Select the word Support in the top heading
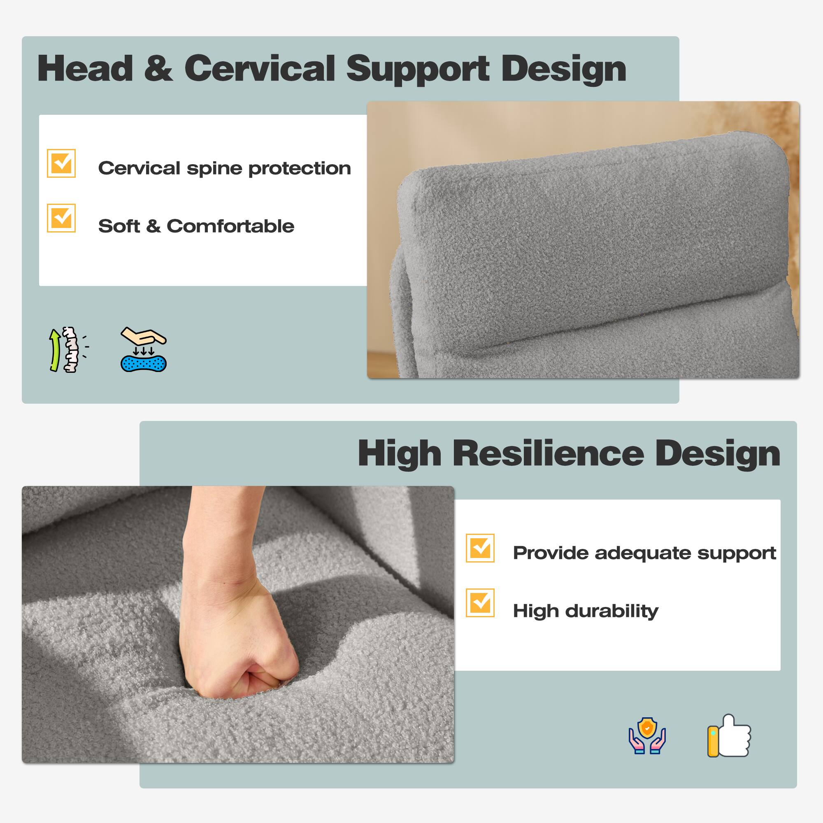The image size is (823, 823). pos(418,69)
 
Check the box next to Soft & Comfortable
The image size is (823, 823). pos(61,218)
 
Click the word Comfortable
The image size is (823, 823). pos(230,226)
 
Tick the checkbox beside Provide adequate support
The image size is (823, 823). pos(480,548)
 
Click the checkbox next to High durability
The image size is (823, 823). pos(480,603)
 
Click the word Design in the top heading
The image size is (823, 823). pos(564,69)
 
